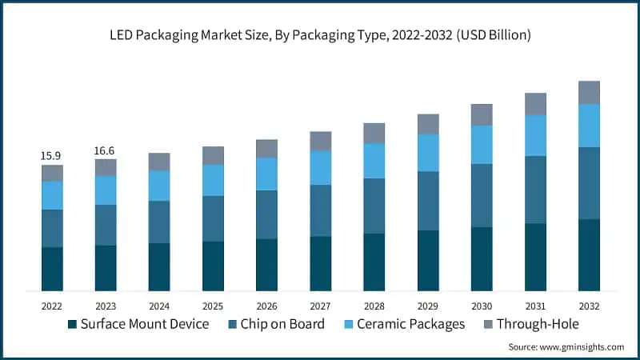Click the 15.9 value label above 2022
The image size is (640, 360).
[x=52, y=155]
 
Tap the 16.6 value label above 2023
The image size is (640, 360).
[x=106, y=150]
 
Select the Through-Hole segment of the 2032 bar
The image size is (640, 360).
[x=589, y=93]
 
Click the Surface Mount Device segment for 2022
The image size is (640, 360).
[x=52, y=269]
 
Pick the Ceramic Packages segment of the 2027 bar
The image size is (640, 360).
[x=321, y=168]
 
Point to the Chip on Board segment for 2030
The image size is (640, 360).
[x=482, y=195]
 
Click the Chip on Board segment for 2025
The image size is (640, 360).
[x=213, y=218]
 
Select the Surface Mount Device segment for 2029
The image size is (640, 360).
[x=428, y=260]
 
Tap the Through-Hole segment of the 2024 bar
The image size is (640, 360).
[x=159, y=162]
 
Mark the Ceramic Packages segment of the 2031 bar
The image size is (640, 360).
[x=535, y=135]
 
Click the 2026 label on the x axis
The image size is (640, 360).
[x=266, y=306]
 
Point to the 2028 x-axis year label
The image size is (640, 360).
[x=374, y=306]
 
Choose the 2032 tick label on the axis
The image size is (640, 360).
[x=589, y=306]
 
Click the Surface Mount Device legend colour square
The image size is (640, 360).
[x=73, y=324]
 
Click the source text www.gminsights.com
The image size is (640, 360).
[x=583, y=347]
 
